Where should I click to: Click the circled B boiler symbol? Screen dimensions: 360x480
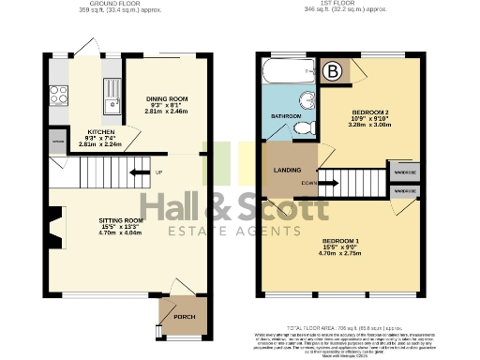click(333, 69)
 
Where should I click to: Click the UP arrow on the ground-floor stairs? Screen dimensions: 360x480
click(141, 172)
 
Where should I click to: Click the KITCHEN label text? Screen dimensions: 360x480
click(100, 131)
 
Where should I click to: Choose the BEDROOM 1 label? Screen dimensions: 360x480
click(339, 240)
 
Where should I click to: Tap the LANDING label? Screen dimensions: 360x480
click(288, 171)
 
